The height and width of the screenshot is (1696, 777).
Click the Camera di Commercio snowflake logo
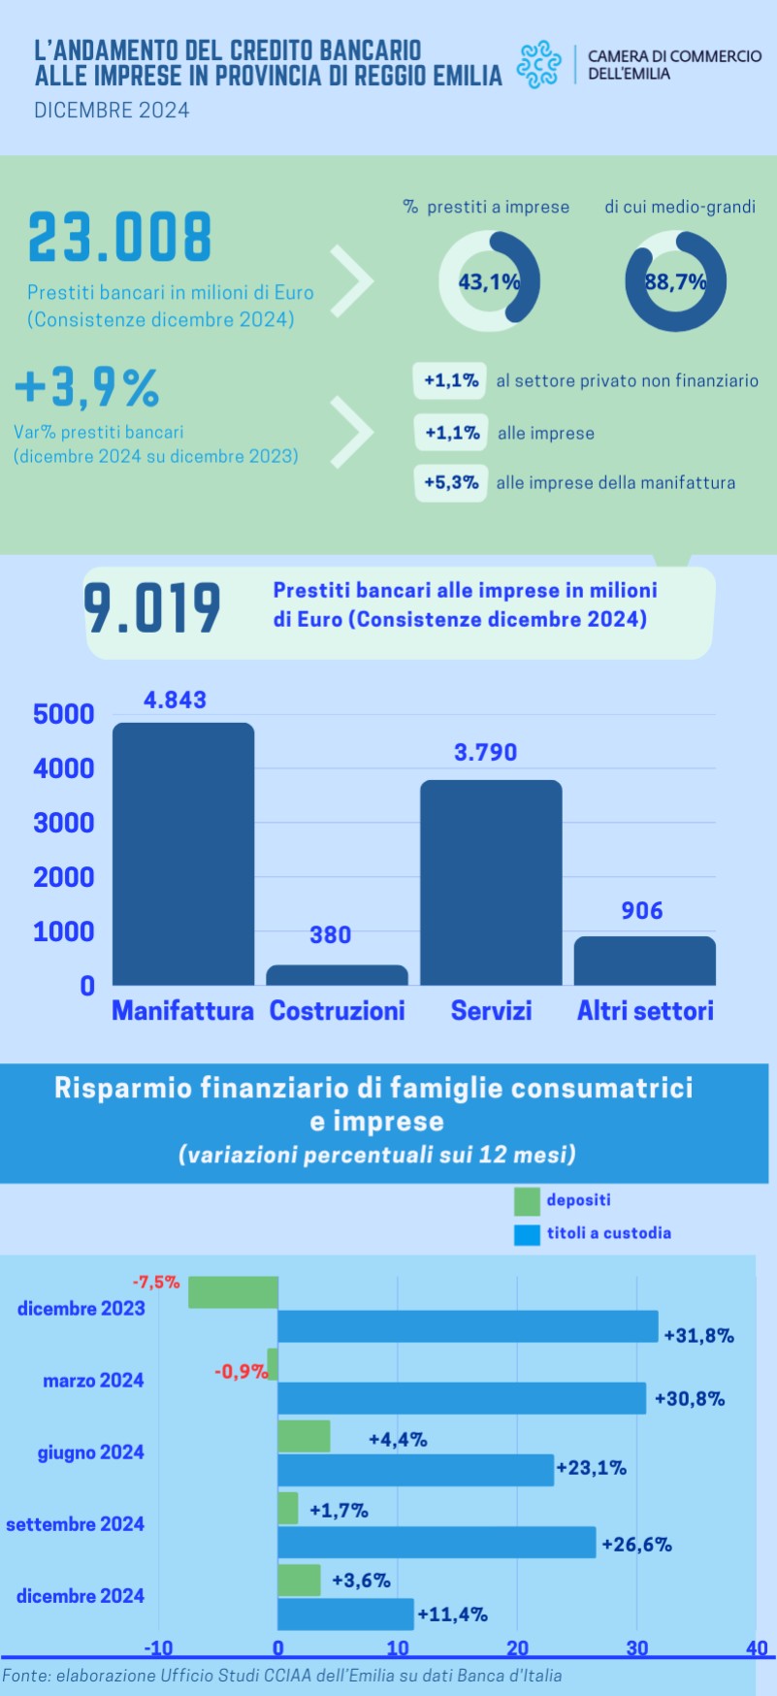pyautogui.click(x=538, y=64)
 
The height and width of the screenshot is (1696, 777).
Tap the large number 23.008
pyautogui.click(x=119, y=239)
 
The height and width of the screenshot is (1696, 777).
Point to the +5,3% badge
pyautogui.click(x=451, y=482)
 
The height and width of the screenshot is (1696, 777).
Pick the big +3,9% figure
pyautogui.click(x=87, y=387)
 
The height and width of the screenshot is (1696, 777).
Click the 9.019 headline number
pyautogui.click(x=152, y=608)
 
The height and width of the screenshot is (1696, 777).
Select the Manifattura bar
pyautogui.click(x=183, y=854)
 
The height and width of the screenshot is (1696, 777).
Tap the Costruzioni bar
pyautogui.click(x=337, y=975)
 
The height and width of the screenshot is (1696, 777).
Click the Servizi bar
pyautogui.click(x=491, y=882)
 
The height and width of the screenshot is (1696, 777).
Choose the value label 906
pyautogui.click(x=642, y=910)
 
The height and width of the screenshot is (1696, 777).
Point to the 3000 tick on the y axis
pyautogui.click(x=64, y=823)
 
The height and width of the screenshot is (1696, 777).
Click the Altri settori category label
pyautogui.click(x=645, y=1011)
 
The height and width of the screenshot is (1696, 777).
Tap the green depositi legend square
pyautogui.click(x=527, y=1201)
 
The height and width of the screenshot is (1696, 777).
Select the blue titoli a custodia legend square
pyautogui.click(x=527, y=1234)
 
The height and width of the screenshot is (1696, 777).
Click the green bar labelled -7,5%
pyautogui.click(x=233, y=1292)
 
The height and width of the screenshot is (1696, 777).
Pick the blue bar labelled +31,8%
pyautogui.click(x=468, y=1326)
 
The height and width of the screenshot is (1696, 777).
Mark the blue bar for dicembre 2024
pyautogui.click(x=345, y=1614)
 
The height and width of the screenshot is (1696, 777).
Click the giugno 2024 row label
pyautogui.click(x=91, y=1452)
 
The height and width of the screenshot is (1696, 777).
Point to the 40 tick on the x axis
pyautogui.click(x=757, y=1648)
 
